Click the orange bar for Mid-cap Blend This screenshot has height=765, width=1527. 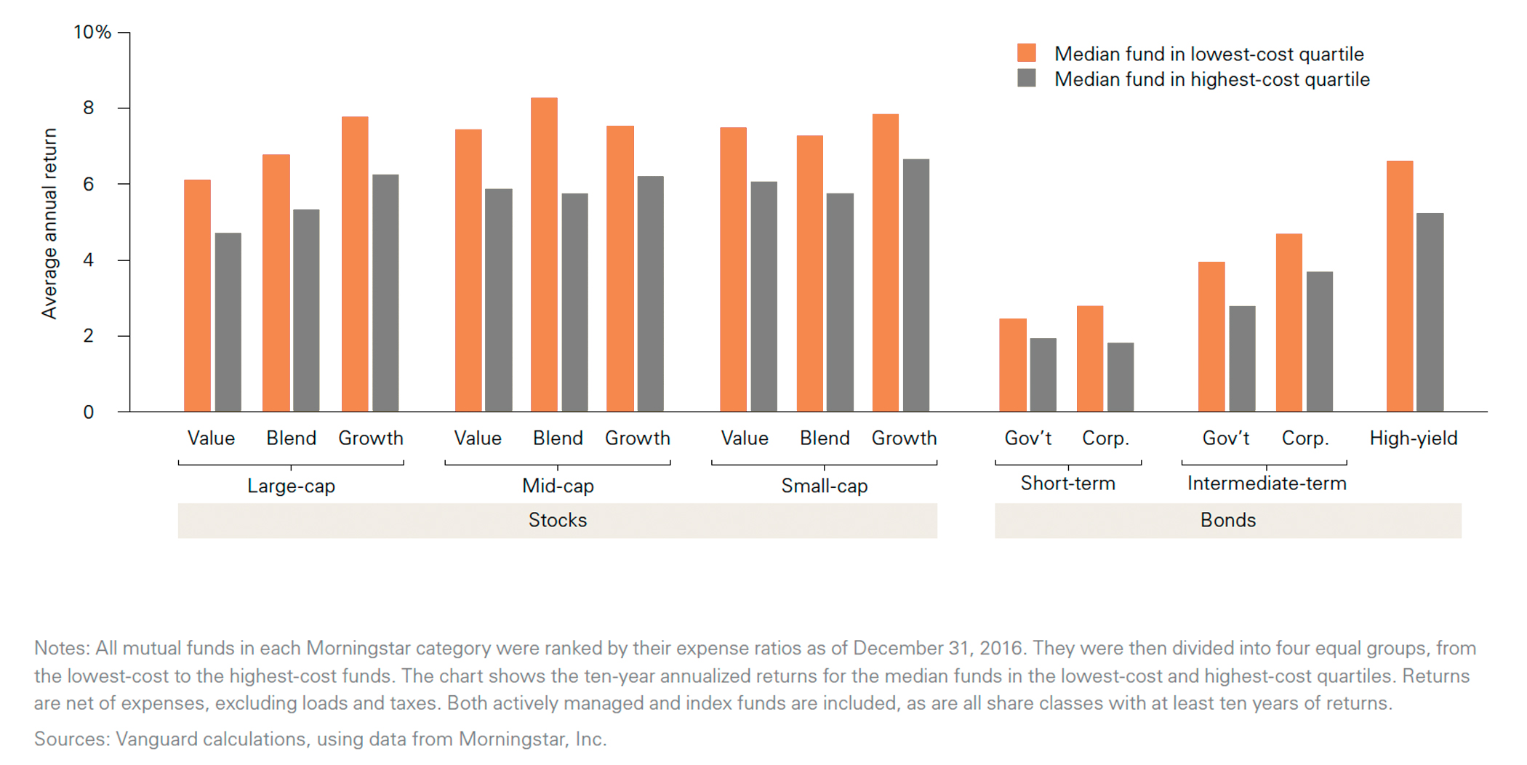tap(544, 255)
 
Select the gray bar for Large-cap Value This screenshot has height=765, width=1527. tap(228, 322)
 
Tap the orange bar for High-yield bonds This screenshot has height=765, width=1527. tap(1400, 286)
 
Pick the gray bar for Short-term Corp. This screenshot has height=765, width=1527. tap(1120, 377)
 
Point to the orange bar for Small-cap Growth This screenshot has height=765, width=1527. tap(885, 263)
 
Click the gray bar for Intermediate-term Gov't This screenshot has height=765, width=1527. tap(1242, 359)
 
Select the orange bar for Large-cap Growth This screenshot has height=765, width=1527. tap(355, 264)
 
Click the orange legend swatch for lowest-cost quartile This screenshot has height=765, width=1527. tap(1026, 52)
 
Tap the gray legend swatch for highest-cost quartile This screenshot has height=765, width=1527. tap(1026, 78)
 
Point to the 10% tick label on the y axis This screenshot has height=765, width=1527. tap(92, 32)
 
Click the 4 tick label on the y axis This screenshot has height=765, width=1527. tap(88, 260)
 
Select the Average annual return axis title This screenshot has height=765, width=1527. tap(49, 223)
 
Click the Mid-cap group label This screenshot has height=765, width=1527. tap(558, 486)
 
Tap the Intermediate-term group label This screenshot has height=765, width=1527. tap(1266, 484)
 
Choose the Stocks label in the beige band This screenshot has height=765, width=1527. tap(557, 520)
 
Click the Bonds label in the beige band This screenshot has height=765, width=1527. tap(1227, 520)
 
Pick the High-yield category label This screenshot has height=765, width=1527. tap(1413, 438)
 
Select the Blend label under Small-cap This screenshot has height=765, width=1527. tap(824, 438)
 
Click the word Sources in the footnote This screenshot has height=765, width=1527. tap(71, 739)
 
